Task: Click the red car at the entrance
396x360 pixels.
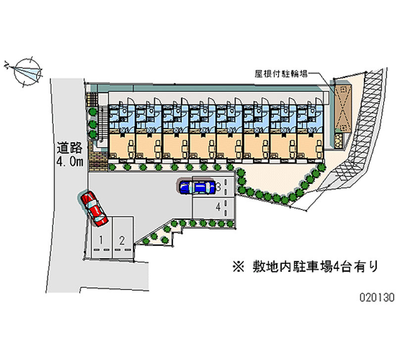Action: tap(94, 208)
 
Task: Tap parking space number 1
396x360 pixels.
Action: tap(100, 241)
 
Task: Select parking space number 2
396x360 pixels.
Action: tap(121, 241)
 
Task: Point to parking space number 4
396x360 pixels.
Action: tap(218, 207)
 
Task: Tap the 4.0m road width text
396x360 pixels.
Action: tap(70, 161)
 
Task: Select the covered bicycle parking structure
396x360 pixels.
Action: tap(342, 106)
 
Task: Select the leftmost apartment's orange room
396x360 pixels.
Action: tap(121, 145)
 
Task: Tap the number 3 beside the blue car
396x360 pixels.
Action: tap(218, 187)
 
